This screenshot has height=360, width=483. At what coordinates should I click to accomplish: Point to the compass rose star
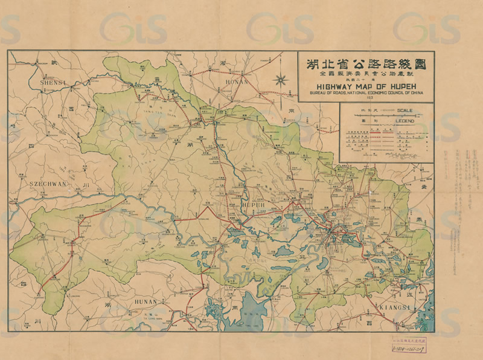coord(280,79)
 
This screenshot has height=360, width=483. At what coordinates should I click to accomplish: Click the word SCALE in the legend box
coord(405,111)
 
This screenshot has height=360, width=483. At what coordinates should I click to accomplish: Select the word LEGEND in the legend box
coord(405,121)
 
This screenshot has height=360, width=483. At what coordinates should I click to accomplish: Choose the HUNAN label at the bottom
coord(147,301)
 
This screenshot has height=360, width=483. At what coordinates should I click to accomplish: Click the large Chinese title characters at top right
coord(366,63)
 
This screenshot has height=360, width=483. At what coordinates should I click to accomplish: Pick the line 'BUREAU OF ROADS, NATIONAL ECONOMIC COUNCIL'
coord(366,94)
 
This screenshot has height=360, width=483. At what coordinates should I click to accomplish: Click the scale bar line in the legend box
coord(386,115)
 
